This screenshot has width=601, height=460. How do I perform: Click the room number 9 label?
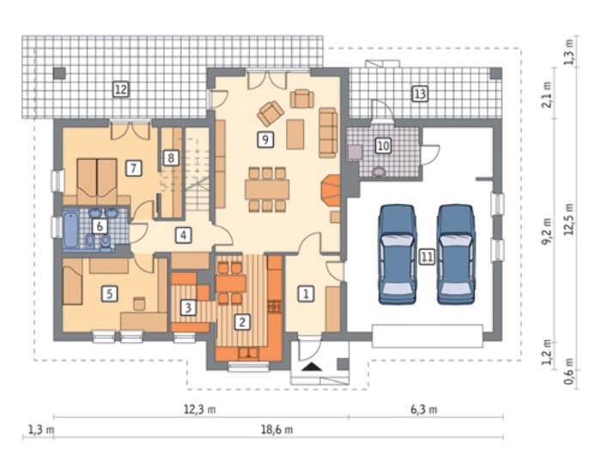[265, 139]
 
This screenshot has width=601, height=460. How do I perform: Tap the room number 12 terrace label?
[121, 89]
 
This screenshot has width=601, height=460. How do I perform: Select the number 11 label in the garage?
[427, 257]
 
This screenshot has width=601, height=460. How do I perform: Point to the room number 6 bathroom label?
[100, 227]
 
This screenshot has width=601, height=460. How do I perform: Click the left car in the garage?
[397, 254]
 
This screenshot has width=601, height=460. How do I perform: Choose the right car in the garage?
[456, 254]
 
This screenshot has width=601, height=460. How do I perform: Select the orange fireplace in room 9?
[331, 191]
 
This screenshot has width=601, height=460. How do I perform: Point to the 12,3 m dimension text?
[199, 409]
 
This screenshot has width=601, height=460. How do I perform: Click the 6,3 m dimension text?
[424, 409]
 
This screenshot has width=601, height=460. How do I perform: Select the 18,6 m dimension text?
[276, 430]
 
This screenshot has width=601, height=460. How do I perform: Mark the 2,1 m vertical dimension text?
[548, 94]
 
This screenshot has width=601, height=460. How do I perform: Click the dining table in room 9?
[268, 189]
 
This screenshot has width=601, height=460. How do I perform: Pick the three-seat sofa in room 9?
[328, 132]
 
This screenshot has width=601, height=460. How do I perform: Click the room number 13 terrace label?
[420, 94]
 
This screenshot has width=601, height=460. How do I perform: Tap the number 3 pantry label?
[188, 307]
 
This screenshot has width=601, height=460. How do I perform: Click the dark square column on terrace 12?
[59, 73]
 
